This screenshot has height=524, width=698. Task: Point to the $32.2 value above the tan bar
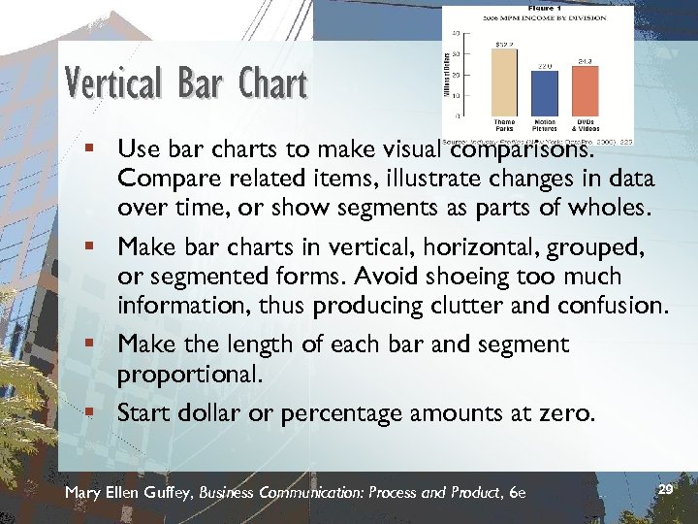[504, 44]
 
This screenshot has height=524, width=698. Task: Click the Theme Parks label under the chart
[504, 125]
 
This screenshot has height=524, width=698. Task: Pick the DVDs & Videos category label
[585, 125]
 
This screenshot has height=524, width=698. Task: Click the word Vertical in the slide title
[117, 83]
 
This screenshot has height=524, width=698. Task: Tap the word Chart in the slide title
[270, 83]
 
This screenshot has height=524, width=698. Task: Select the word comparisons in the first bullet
[522, 150]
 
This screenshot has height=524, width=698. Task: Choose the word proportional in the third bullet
[189, 374]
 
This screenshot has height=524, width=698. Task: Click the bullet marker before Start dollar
[90, 413]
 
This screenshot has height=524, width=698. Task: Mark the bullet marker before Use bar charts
[90, 150]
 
